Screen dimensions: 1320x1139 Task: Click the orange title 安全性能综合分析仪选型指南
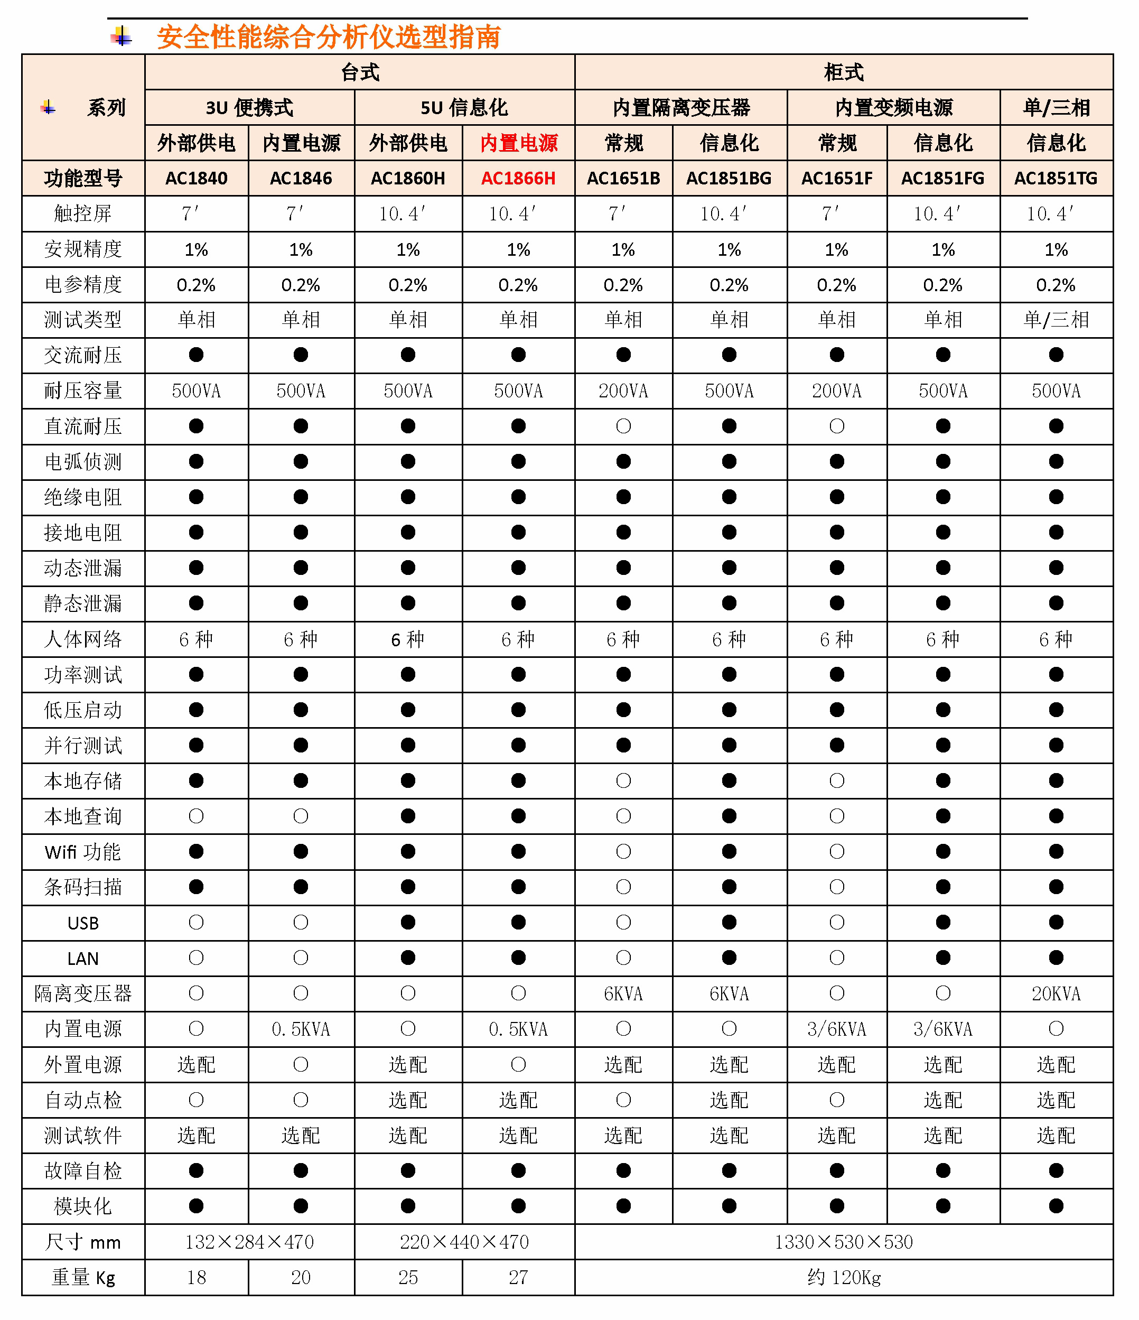[x=328, y=37]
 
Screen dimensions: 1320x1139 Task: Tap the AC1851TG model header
[x=1056, y=179]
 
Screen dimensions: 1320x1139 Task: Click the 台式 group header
[x=360, y=72]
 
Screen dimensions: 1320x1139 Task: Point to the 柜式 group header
[x=844, y=72]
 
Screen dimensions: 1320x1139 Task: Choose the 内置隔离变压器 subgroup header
[x=681, y=108]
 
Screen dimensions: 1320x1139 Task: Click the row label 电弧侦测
[x=83, y=462]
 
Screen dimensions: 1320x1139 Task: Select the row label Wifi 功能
[x=83, y=852]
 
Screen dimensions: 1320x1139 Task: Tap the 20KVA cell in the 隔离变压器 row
[x=1056, y=994]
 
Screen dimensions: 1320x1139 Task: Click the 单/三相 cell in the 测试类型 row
[x=1056, y=320]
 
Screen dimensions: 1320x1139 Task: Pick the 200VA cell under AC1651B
[x=623, y=391]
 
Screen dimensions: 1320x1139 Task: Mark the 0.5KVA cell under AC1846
[x=301, y=1029]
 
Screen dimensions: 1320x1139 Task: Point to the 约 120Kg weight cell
[x=844, y=1277]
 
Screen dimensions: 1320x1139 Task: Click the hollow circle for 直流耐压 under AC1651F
[x=836, y=426]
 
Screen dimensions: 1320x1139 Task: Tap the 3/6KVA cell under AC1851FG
[x=943, y=1029]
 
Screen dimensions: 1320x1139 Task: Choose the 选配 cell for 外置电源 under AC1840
[x=196, y=1065]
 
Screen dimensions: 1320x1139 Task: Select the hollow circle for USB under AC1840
[x=196, y=923]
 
